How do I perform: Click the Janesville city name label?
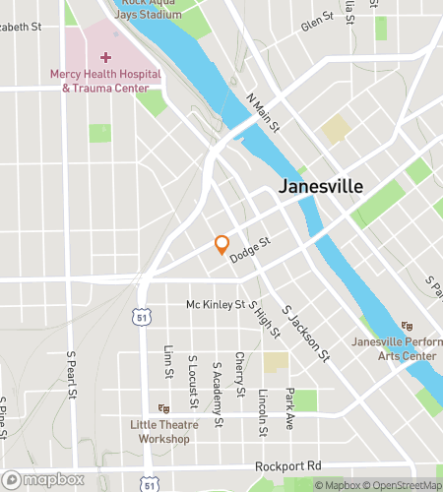coord(321,186)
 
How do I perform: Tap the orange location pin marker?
coord(222,245)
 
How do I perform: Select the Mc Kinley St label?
coord(216,305)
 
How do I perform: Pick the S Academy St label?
coord(217,386)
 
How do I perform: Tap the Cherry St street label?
coord(239,370)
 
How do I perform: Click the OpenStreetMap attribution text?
coord(405,485)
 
